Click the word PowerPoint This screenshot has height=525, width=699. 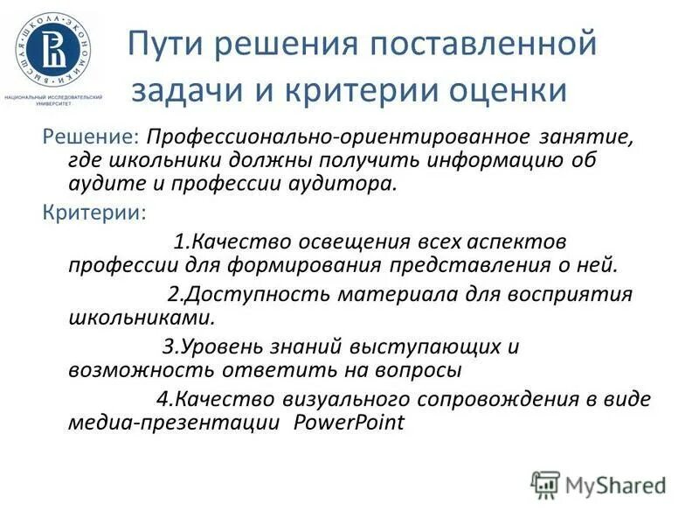349,423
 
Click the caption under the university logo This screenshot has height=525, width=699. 54,99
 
